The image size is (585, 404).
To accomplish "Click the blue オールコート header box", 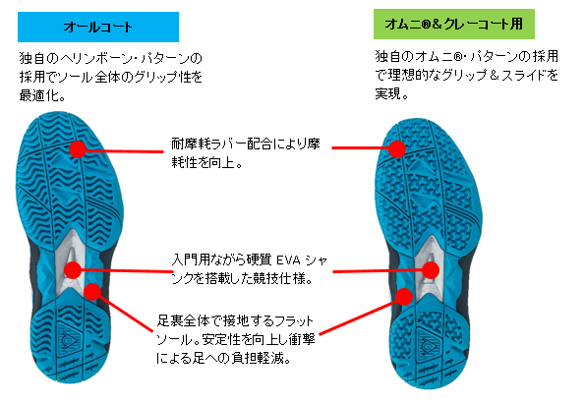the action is [98, 27].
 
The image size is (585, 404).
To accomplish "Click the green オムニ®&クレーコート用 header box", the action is [454, 25].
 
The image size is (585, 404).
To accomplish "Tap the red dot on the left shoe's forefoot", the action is [78, 148].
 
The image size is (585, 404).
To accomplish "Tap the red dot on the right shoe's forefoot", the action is [397, 149].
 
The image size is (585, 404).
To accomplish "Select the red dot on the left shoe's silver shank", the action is [73, 269].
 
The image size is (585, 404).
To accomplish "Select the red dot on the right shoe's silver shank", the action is [431, 270].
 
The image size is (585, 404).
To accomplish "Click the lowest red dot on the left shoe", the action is [92, 292].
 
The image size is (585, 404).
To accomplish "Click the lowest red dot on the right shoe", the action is [404, 297].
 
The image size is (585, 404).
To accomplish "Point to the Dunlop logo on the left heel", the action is [69, 339].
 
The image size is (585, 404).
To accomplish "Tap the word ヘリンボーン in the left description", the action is [102, 59].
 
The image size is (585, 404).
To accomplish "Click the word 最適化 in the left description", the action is [38, 96].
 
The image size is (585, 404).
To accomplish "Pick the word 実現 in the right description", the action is [388, 93].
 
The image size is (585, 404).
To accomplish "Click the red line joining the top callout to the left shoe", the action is [125, 150].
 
